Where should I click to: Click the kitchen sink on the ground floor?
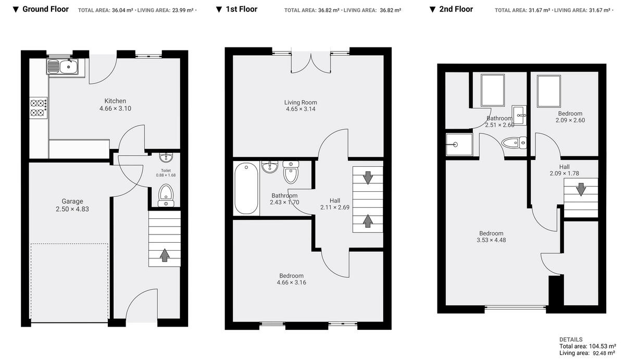pos(63,67)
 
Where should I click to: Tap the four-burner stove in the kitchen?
pos(38,108)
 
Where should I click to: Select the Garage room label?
pos(72,201)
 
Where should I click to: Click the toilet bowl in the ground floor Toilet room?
pos(166,192)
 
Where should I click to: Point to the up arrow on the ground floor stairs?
pos(165,255)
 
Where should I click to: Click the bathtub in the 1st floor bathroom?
pos(246,189)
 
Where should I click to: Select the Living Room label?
pos(301,103)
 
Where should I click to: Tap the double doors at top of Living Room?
pos(310,63)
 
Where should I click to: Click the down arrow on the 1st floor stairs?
pos(368,178)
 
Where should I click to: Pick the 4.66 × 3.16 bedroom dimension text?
pos(291,283)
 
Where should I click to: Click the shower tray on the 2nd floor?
pos(459,144)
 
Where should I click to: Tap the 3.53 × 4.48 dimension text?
pos(491,240)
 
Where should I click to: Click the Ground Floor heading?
pos(45,9)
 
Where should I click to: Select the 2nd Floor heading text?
pos(456,9)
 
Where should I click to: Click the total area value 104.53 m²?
pos(602,346)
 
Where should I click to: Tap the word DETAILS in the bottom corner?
pos(571,339)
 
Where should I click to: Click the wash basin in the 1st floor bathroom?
pos(270,168)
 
